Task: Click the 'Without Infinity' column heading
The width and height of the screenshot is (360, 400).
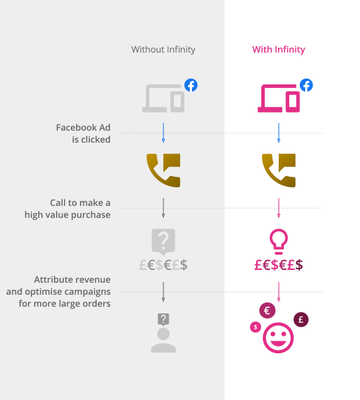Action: pos(163,49)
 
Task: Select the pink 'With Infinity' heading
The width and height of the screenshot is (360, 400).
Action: pos(279,49)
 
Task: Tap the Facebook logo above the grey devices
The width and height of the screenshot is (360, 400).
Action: pos(191,85)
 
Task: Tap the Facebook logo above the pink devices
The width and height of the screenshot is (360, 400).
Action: pos(306,85)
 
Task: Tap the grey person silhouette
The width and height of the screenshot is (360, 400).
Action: pos(163,341)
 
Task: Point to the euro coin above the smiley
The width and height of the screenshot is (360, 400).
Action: pos(267,311)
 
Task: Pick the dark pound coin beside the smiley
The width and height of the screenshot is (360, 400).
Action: pos(301,319)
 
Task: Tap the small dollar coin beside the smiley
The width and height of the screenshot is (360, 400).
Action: pos(255,327)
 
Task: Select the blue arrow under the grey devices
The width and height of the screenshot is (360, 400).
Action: pos(163,133)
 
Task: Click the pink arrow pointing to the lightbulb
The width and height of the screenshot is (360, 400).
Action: pos(279,208)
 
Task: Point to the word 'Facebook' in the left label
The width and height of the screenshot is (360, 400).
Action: pos(76,127)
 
